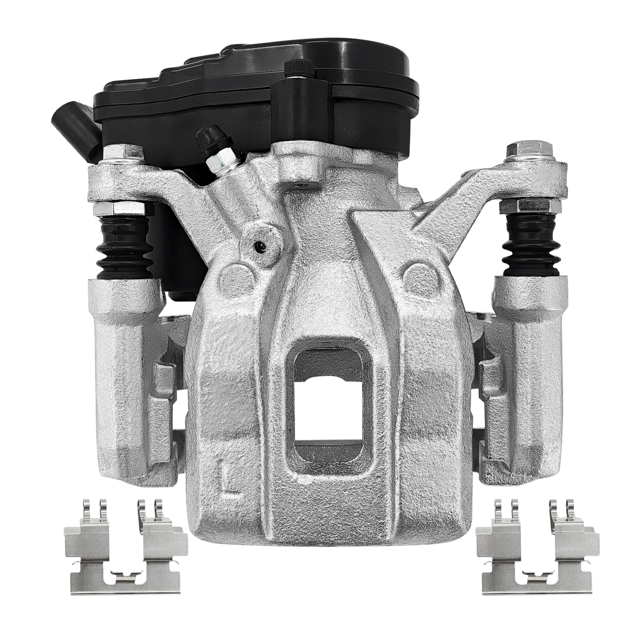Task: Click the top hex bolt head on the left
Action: click(x=123, y=154)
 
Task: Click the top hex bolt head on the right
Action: click(x=530, y=150)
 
